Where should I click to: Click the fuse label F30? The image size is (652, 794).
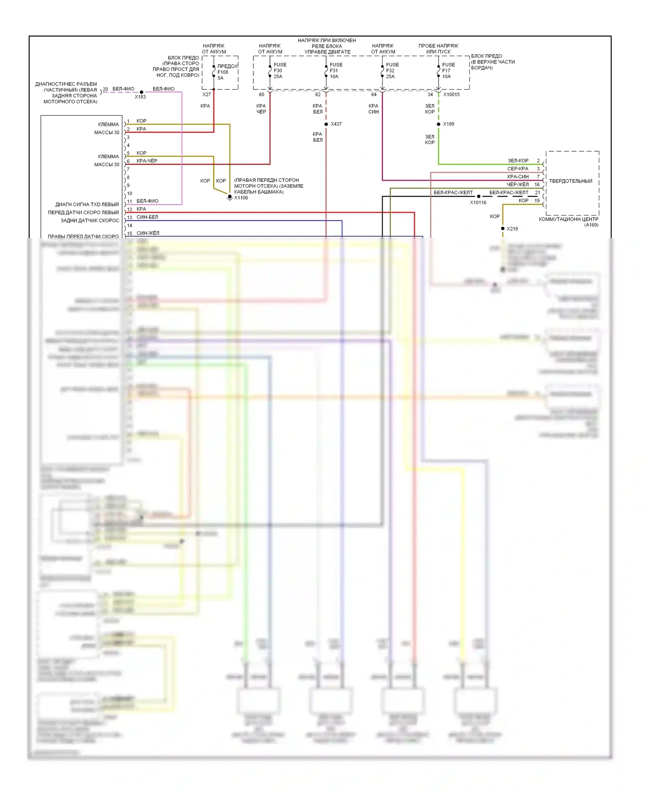tap(278, 71)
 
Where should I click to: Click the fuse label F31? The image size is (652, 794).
tap(334, 71)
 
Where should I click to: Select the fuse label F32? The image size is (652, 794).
tap(390, 71)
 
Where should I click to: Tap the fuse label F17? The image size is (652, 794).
tap(446, 71)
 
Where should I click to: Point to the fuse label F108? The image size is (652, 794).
tap(223, 72)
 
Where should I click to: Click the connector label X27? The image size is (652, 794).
tap(206, 95)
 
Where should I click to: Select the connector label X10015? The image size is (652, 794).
tap(451, 95)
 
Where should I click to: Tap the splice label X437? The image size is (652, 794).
tap(336, 124)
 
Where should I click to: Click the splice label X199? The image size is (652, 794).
tap(449, 124)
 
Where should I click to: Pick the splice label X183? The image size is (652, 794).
tap(140, 97)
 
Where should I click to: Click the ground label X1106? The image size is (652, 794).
tap(241, 198)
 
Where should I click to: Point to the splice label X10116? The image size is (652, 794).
tap(478, 203)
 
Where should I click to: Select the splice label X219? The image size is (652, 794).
tap(512, 229)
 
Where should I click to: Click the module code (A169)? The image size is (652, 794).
tap(591, 225)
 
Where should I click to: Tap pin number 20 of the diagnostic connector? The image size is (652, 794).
tap(105, 89)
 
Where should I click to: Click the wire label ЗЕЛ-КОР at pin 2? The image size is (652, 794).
tap(518, 161)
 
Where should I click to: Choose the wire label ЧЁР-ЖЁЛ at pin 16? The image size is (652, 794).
tap(518, 185)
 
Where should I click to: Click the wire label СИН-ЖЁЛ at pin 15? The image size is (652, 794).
tap(148, 233)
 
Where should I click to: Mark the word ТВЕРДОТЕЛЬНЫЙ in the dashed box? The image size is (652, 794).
tap(571, 181)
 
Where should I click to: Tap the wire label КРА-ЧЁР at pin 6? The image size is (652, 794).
tap(147, 161)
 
